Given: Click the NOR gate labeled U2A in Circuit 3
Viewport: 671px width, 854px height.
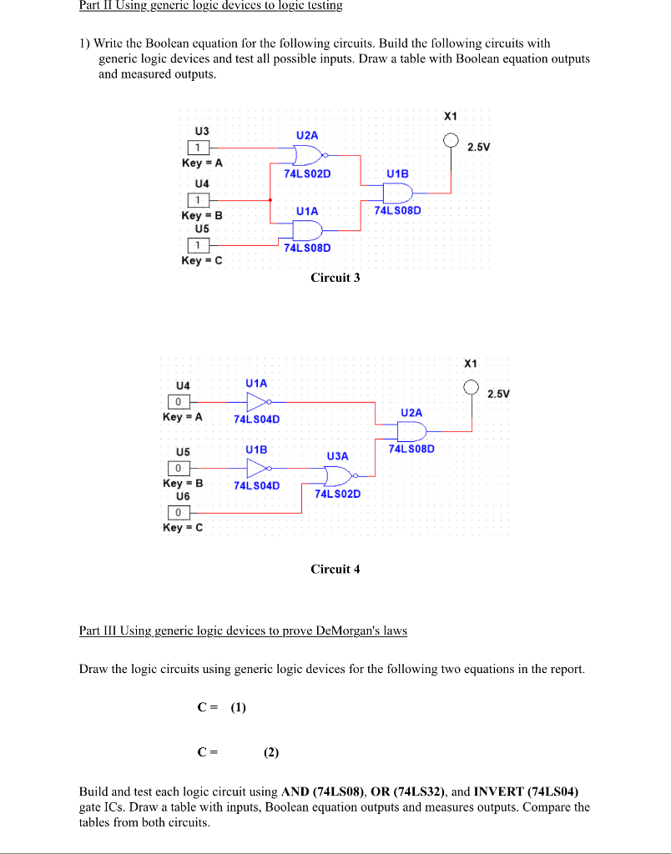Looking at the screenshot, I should [308, 154].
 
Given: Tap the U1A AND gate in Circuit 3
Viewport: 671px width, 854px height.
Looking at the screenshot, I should [307, 230].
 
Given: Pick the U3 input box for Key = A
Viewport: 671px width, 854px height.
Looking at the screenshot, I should [198, 148].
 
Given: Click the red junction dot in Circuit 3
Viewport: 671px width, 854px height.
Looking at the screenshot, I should [270, 200].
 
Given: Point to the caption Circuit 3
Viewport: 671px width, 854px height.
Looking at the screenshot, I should [335, 278].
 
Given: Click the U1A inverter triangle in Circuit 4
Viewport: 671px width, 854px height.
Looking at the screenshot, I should [257, 401].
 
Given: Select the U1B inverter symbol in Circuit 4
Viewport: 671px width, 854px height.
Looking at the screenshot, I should [257, 468].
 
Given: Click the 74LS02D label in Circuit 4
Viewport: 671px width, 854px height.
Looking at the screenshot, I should [337, 494].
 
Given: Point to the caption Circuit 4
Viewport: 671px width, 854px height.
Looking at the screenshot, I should [335, 570].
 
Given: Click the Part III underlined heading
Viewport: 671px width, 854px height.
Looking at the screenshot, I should [243, 630].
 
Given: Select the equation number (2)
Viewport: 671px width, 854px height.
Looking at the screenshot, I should [270, 751].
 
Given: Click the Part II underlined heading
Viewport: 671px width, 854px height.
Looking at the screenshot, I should [210, 6].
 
